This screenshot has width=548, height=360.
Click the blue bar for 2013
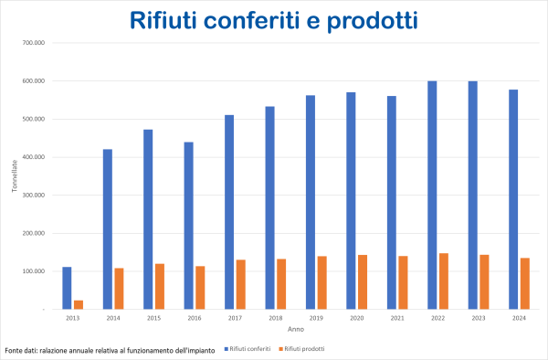(67, 288)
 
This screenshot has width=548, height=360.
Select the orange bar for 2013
(79, 304)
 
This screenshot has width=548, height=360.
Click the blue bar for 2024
(512, 199)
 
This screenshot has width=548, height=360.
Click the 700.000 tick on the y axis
(32, 43)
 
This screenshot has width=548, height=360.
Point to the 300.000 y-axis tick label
(32, 195)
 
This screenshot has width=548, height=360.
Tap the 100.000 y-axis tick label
(32, 271)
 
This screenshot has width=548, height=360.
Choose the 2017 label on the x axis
(235, 318)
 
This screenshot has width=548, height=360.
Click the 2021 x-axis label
(396, 318)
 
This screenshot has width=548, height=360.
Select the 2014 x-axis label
(113, 318)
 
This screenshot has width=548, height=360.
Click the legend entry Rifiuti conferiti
(249, 349)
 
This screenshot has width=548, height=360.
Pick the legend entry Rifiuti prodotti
(303, 349)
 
